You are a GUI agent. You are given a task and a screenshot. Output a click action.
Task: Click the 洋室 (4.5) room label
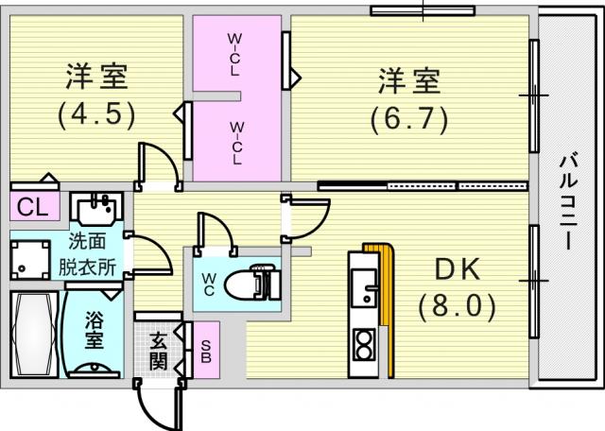[96, 95]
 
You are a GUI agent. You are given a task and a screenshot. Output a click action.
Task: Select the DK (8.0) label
[458, 287]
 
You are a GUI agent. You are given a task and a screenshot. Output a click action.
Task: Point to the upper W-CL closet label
[236, 54]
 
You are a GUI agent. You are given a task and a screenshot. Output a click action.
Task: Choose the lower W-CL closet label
[237, 142]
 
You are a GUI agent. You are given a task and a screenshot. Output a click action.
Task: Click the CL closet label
[32, 206]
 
